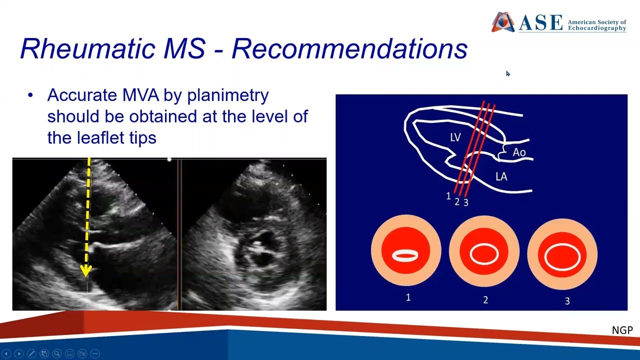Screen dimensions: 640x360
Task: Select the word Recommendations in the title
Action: [349, 48]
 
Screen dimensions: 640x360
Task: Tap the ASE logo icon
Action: [503, 22]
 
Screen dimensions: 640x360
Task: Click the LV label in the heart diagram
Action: [455, 137]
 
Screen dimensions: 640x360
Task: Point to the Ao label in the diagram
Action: [519, 152]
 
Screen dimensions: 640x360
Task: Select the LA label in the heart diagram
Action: [501, 177]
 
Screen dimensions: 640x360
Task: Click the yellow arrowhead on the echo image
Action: [85, 271]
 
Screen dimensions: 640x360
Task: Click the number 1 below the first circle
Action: [408, 297]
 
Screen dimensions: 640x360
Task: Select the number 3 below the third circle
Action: [567, 301]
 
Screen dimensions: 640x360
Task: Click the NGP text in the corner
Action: [622, 330]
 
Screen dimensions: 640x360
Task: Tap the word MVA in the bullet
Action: [140, 95]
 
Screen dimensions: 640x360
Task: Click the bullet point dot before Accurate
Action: [30, 95]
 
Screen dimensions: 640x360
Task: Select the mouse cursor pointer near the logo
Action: [508, 73]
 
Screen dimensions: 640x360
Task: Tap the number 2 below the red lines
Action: [457, 201]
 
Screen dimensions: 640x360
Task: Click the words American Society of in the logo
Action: [597, 22]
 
